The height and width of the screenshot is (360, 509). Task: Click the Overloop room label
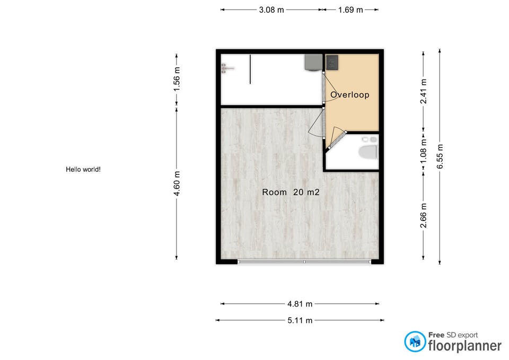[349, 95]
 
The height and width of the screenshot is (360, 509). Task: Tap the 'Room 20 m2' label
[291, 192]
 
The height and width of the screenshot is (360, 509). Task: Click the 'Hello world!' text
[83, 170]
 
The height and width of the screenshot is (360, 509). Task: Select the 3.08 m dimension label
[271, 10]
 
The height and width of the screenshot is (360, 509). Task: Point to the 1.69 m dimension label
[350, 10]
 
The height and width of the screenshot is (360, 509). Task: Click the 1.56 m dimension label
[177, 79]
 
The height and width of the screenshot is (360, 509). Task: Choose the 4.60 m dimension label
[177, 183]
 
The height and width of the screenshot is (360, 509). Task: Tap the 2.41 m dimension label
[423, 91]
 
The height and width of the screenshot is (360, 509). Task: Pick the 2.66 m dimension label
[423, 216]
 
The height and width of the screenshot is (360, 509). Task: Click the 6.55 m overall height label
[440, 156]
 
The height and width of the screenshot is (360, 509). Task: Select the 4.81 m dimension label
[300, 304]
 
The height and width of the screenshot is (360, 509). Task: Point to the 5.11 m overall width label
[300, 321]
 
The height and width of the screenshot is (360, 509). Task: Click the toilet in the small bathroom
[368, 152]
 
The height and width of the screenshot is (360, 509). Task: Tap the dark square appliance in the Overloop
[332, 63]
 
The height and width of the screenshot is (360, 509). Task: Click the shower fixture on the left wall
[227, 68]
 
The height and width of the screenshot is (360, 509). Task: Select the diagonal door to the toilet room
[338, 140]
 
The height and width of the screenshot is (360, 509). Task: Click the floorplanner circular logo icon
[415, 341]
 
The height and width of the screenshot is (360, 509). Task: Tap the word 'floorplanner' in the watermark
[465, 346]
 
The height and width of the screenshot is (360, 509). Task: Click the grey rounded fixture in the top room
[313, 63]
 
